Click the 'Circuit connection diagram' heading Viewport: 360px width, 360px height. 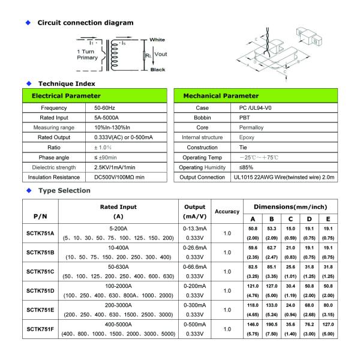pos(86,23)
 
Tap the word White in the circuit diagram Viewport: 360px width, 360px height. pos(157,40)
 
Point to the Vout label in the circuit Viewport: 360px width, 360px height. pos(161,54)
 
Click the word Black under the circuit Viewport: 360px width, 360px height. pos(157,70)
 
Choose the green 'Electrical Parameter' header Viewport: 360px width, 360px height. pos(66,96)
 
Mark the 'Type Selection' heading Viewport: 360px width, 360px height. pos(65,191)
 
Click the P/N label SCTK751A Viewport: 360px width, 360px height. pos(41,233)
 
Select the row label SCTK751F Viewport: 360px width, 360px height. pos(41,329)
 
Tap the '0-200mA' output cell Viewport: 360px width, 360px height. pos(194,286)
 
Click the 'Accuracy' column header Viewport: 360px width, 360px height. pos(227,212)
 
